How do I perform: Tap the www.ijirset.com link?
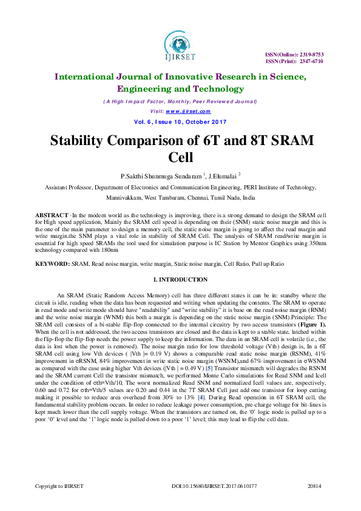click(x=187, y=111)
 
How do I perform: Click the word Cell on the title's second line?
click(x=180, y=158)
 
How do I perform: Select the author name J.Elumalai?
click(x=223, y=176)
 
